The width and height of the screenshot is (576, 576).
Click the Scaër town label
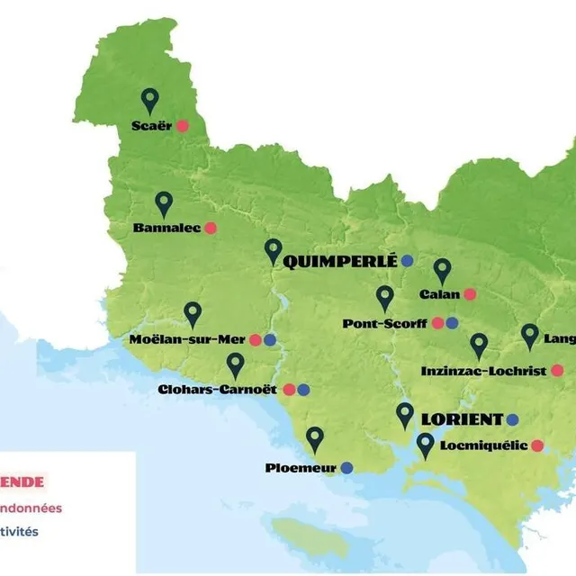[x=151, y=126]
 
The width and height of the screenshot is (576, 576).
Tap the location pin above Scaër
[x=149, y=100]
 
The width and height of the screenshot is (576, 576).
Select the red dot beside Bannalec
[x=211, y=228]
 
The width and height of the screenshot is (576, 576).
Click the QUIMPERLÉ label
[x=340, y=261]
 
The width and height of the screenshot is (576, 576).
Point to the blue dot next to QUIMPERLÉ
[x=407, y=261]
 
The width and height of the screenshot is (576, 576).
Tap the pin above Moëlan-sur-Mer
[x=193, y=312]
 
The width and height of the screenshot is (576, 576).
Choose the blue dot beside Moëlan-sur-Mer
[x=270, y=340]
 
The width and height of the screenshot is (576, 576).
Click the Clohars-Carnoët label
[x=218, y=390]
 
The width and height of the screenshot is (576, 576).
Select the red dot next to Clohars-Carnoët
[x=289, y=390]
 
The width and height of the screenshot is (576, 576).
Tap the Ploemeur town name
[x=301, y=467]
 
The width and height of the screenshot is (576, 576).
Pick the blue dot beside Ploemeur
[x=346, y=467]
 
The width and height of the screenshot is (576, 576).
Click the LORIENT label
[x=462, y=419]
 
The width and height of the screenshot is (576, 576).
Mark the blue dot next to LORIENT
[x=513, y=419]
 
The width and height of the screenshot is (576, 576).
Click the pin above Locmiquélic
[x=426, y=444]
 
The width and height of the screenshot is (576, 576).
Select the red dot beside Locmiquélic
[x=537, y=445]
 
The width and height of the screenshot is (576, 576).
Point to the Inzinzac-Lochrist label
[x=483, y=371]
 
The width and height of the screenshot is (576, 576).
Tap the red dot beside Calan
[x=470, y=294]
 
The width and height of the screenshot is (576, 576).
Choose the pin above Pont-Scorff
[x=385, y=297]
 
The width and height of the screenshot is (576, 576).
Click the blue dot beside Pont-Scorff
[x=452, y=323]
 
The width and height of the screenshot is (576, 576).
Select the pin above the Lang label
[x=530, y=336]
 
